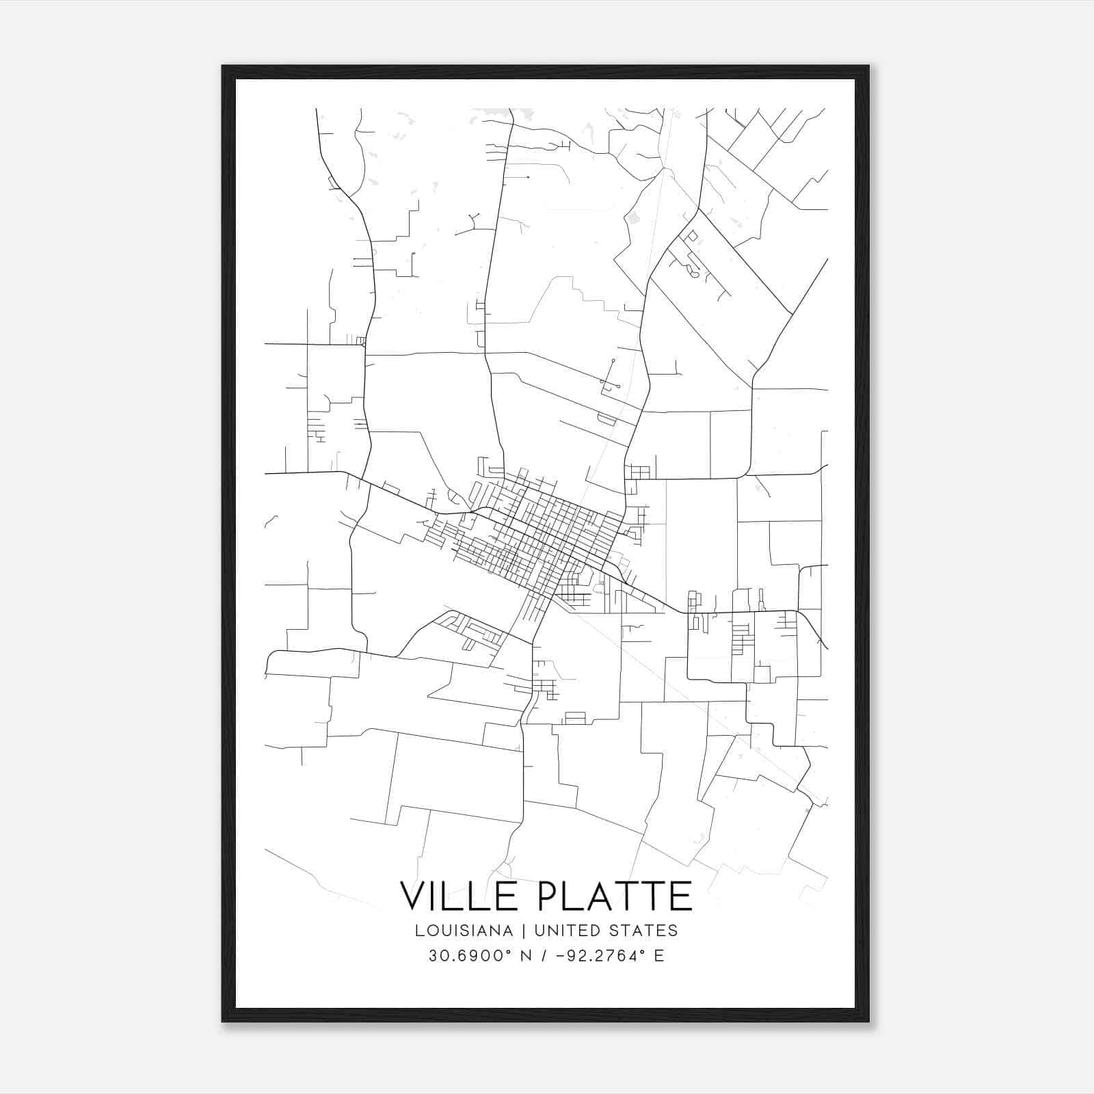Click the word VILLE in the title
coord(454,896)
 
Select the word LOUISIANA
coord(464,931)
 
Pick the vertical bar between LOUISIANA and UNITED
coord(524,931)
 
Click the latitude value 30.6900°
coord(464,956)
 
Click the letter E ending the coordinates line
coord(659,956)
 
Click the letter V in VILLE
coord(413,896)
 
